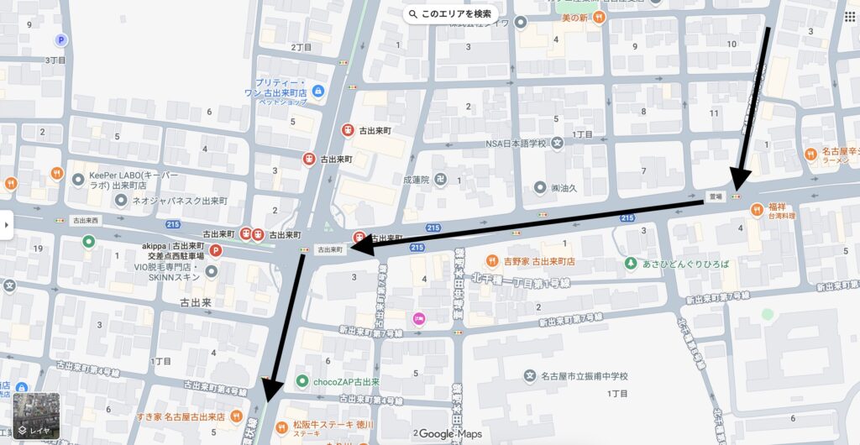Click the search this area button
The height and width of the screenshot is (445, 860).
(449, 13)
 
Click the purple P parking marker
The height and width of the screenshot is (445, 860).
(60, 39)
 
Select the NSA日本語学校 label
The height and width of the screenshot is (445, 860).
(516, 143)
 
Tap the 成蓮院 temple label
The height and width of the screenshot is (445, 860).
(417, 179)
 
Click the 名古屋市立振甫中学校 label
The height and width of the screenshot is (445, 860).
(584, 375)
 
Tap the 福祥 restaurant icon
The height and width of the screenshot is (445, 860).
(758, 209)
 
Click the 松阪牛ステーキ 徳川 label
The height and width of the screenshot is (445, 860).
(333, 424)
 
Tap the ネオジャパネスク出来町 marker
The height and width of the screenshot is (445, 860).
(122, 201)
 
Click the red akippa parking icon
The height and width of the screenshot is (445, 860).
(215, 249)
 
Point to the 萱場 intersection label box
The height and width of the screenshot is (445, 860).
(715, 196)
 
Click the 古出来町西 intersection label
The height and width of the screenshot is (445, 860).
(85, 220)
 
